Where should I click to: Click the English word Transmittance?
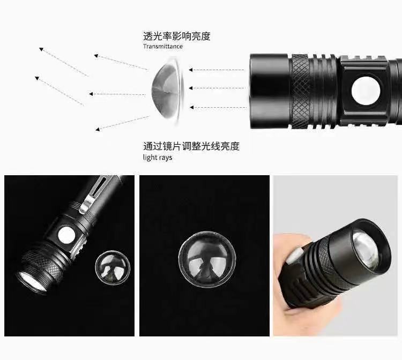163,47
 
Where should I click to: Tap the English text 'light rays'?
158,157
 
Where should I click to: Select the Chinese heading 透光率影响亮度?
177,36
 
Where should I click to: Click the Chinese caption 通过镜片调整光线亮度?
191,146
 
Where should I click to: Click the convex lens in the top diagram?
168,91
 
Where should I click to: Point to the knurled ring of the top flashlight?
300,91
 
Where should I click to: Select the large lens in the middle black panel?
207,260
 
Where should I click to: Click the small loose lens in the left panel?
113,268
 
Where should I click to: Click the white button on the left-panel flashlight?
66,235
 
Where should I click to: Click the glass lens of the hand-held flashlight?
366,250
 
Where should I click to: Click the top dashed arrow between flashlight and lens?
217,70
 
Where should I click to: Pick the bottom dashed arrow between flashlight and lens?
218,107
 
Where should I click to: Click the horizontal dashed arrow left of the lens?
117,94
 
